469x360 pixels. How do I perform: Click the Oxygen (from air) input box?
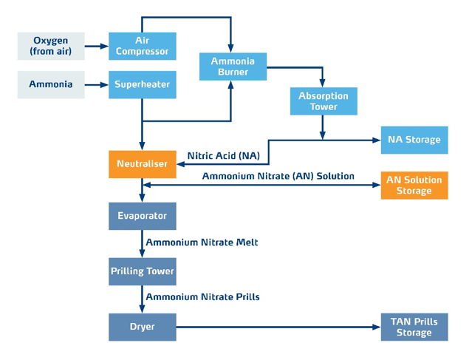coord(51,46)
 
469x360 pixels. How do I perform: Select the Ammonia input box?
coord(51,84)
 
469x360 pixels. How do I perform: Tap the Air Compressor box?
coord(143,46)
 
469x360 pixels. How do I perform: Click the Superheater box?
coord(143,84)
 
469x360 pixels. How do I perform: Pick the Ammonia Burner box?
coord(233,67)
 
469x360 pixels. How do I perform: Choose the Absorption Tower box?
coord(323,102)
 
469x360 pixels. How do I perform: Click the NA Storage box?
coord(414,140)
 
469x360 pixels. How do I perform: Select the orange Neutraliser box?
coord(143,163)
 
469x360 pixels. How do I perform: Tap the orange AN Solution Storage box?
coord(414,185)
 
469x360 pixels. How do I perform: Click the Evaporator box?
coord(143,217)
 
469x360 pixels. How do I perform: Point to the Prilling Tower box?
coord(143,271)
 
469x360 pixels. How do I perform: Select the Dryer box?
coord(143,327)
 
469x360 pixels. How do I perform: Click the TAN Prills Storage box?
coord(414,327)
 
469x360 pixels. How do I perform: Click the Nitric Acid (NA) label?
coord(223,156)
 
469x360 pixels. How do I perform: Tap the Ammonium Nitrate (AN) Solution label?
coord(278,176)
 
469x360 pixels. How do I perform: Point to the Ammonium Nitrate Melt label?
coord(202,242)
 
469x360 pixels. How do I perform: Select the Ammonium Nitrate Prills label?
coord(202,297)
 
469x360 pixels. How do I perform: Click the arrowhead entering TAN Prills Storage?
coord(376,327)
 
